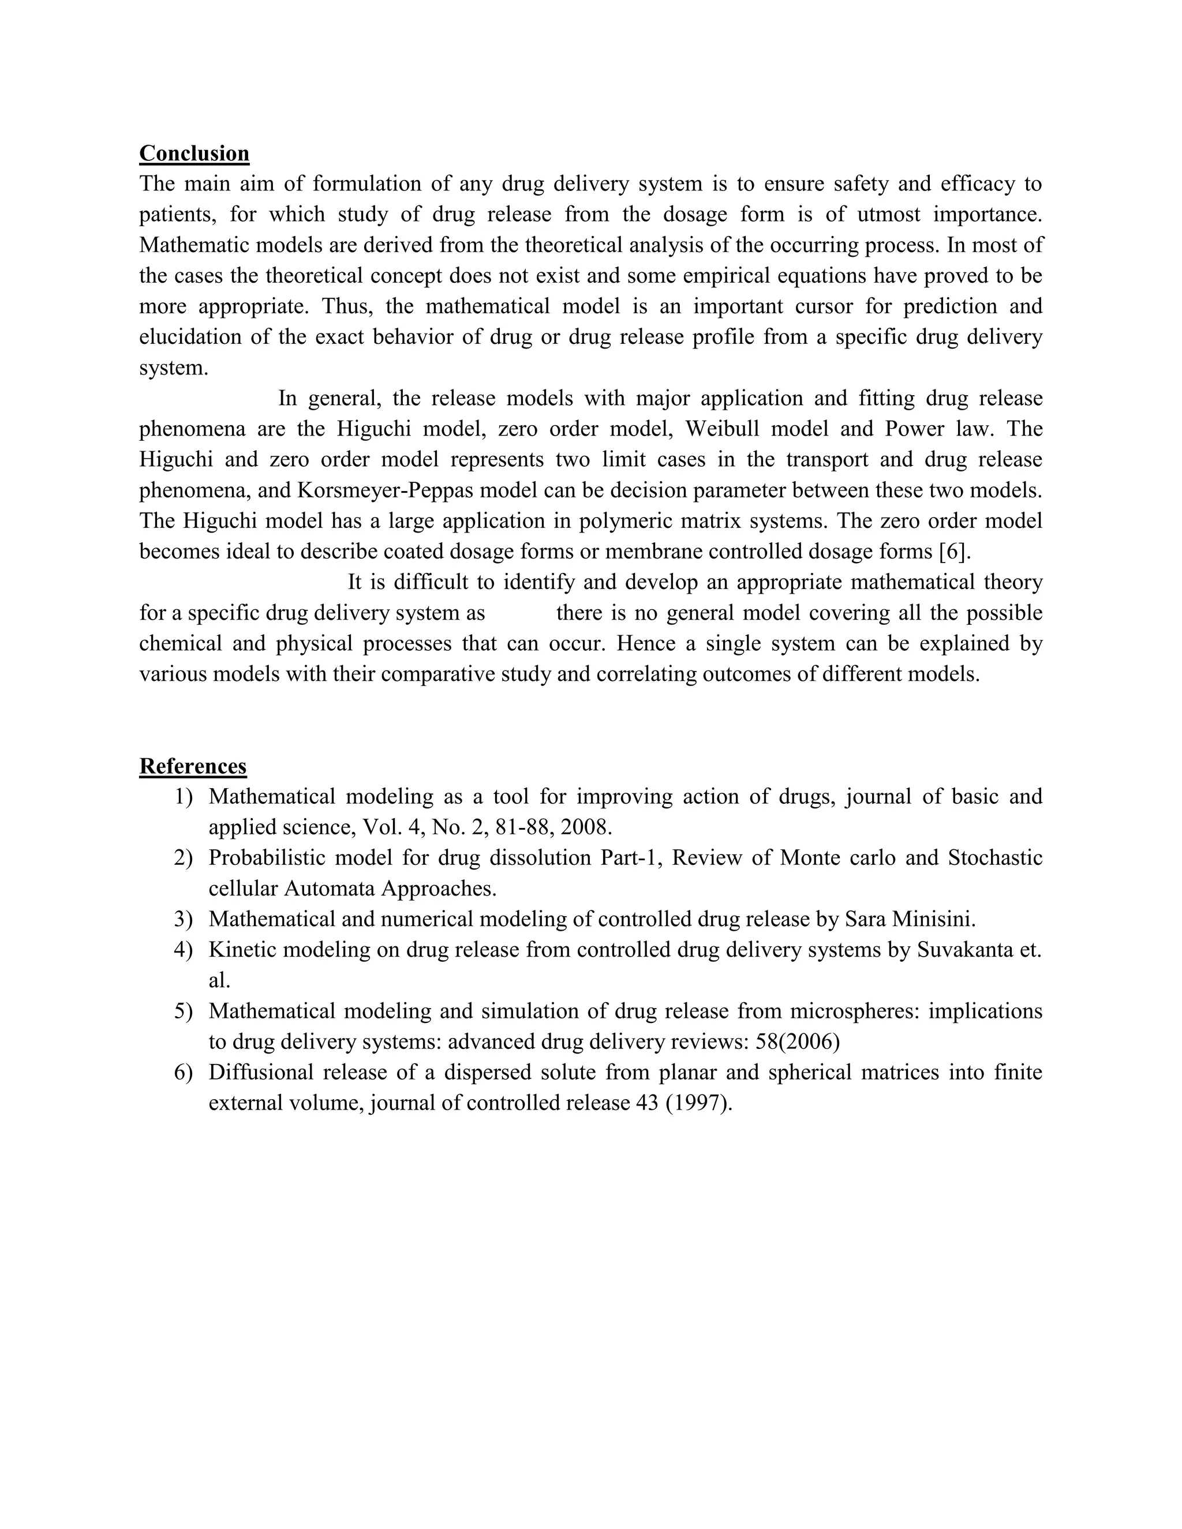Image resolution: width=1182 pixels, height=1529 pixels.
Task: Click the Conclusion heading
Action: point(194,153)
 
